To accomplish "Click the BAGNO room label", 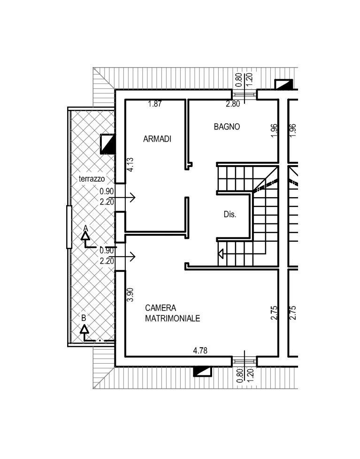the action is click(227, 127).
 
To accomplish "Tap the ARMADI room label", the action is click(157, 139).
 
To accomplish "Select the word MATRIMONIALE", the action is click(173, 318).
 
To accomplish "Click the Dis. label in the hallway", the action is click(230, 214).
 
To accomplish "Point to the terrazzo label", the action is click(92, 178).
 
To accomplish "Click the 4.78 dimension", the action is click(200, 350).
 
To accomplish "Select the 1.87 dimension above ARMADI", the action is click(155, 104).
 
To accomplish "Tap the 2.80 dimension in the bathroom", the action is click(233, 104).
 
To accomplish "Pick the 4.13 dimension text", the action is click(130, 165).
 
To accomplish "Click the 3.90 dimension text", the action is click(130, 294).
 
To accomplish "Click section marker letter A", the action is click(85, 228).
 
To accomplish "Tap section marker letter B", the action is click(84, 318).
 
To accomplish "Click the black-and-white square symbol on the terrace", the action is click(107, 144).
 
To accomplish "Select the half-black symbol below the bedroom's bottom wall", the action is click(203, 372).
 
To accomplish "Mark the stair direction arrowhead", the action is click(221, 253).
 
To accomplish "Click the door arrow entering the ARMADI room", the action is click(123, 198).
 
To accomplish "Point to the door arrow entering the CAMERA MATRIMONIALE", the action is click(123, 257).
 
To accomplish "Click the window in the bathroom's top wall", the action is click(245, 94).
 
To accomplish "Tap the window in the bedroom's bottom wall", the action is click(245, 362).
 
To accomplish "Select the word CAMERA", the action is click(161, 308).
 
